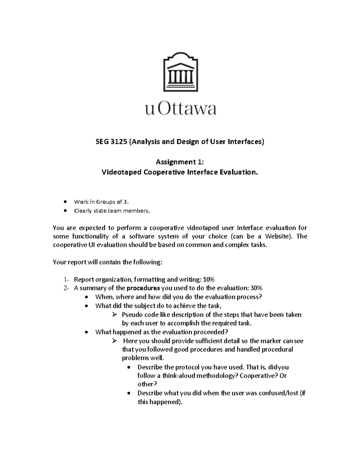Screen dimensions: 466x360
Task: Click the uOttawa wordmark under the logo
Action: pyautogui.click(x=181, y=109)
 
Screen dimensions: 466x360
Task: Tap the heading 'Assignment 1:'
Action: pyautogui.click(x=180, y=162)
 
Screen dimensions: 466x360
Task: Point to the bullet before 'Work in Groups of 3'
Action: pyautogui.click(x=65, y=202)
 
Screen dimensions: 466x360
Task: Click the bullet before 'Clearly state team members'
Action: pyautogui.click(x=65, y=211)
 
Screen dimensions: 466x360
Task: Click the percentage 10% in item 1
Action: pyautogui.click(x=209, y=280)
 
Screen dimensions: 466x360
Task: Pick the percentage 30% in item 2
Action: pyautogui.click(x=256, y=288)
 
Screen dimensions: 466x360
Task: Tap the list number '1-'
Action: pyautogui.click(x=66, y=280)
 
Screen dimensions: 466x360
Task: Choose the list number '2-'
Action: pyautogui.click(x=66, y=288)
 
